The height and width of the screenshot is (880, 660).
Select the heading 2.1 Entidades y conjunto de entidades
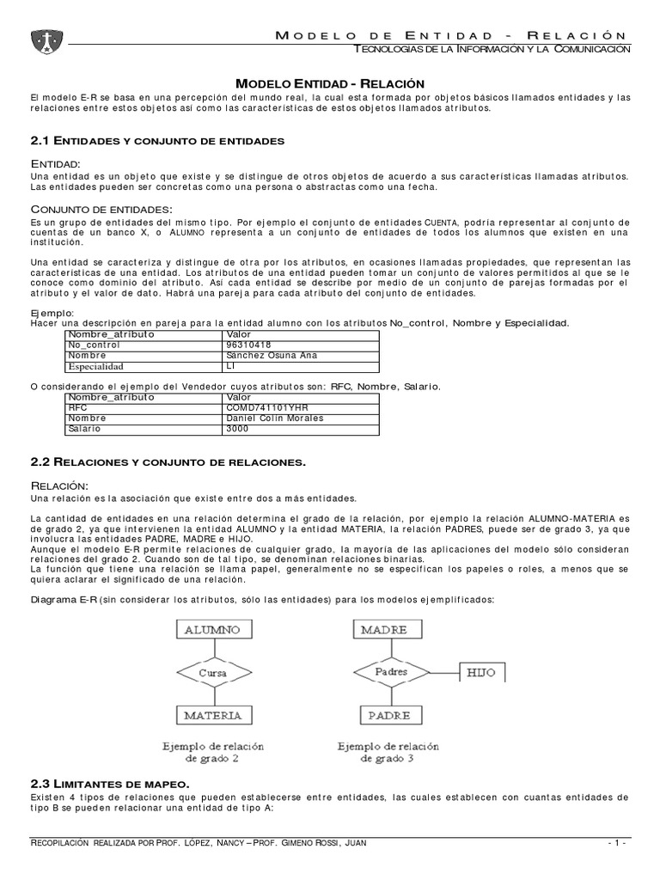pyautogui.click(x=156, y=139)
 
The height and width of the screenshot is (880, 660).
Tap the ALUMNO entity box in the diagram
pyautogui.click(x=212, y=630)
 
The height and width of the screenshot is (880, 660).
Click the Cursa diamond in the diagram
pyautogui.click(x=212, y=672)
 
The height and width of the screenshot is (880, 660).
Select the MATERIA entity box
pyautogui.click(x=212, y=714)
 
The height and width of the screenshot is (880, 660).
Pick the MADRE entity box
pyautogui.click(x=383, y=630)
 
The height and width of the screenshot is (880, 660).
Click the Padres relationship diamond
pyautogui.click(x=391, y=672)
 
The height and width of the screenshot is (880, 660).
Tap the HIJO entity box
pyautogui.click(x=481, y=672)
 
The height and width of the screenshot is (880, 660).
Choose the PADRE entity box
pyautogui.click(x=388, y=714)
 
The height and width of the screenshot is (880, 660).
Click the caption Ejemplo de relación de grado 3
pyautogui.click(x=388, y=752)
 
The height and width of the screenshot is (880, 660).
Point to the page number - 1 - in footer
pyautogui.click(x=618, y=843)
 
